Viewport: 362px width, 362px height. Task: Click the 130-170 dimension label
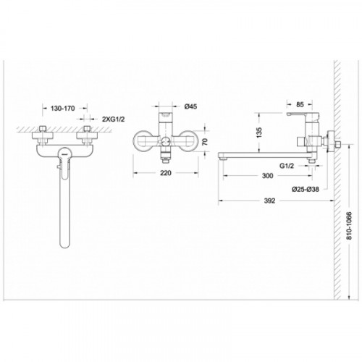click(x=63, y=109)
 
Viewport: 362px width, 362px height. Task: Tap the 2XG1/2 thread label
click(x=114, y=119)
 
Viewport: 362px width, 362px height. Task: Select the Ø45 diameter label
click(x=190, y=106)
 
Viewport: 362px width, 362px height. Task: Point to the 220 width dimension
click(x=166, y=173)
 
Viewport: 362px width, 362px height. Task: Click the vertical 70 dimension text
click(x=205, y=142)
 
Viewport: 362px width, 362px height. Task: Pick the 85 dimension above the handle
click(x=300, y=104)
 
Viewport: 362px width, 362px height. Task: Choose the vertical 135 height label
click(x=258, y=132)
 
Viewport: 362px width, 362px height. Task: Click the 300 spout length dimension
click(x=267, y=176)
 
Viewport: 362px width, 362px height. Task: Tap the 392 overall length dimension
click(x=269, y=201)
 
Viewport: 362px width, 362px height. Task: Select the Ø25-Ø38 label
click(x=305, y=189)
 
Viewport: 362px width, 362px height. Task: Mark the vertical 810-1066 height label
click(x=349, y=226)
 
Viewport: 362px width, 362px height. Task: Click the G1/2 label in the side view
click(x=287, y=166)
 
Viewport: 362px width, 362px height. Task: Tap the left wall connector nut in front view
click(x=43, y=135)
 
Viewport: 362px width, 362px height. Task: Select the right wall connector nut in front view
click(x=87, y=135)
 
